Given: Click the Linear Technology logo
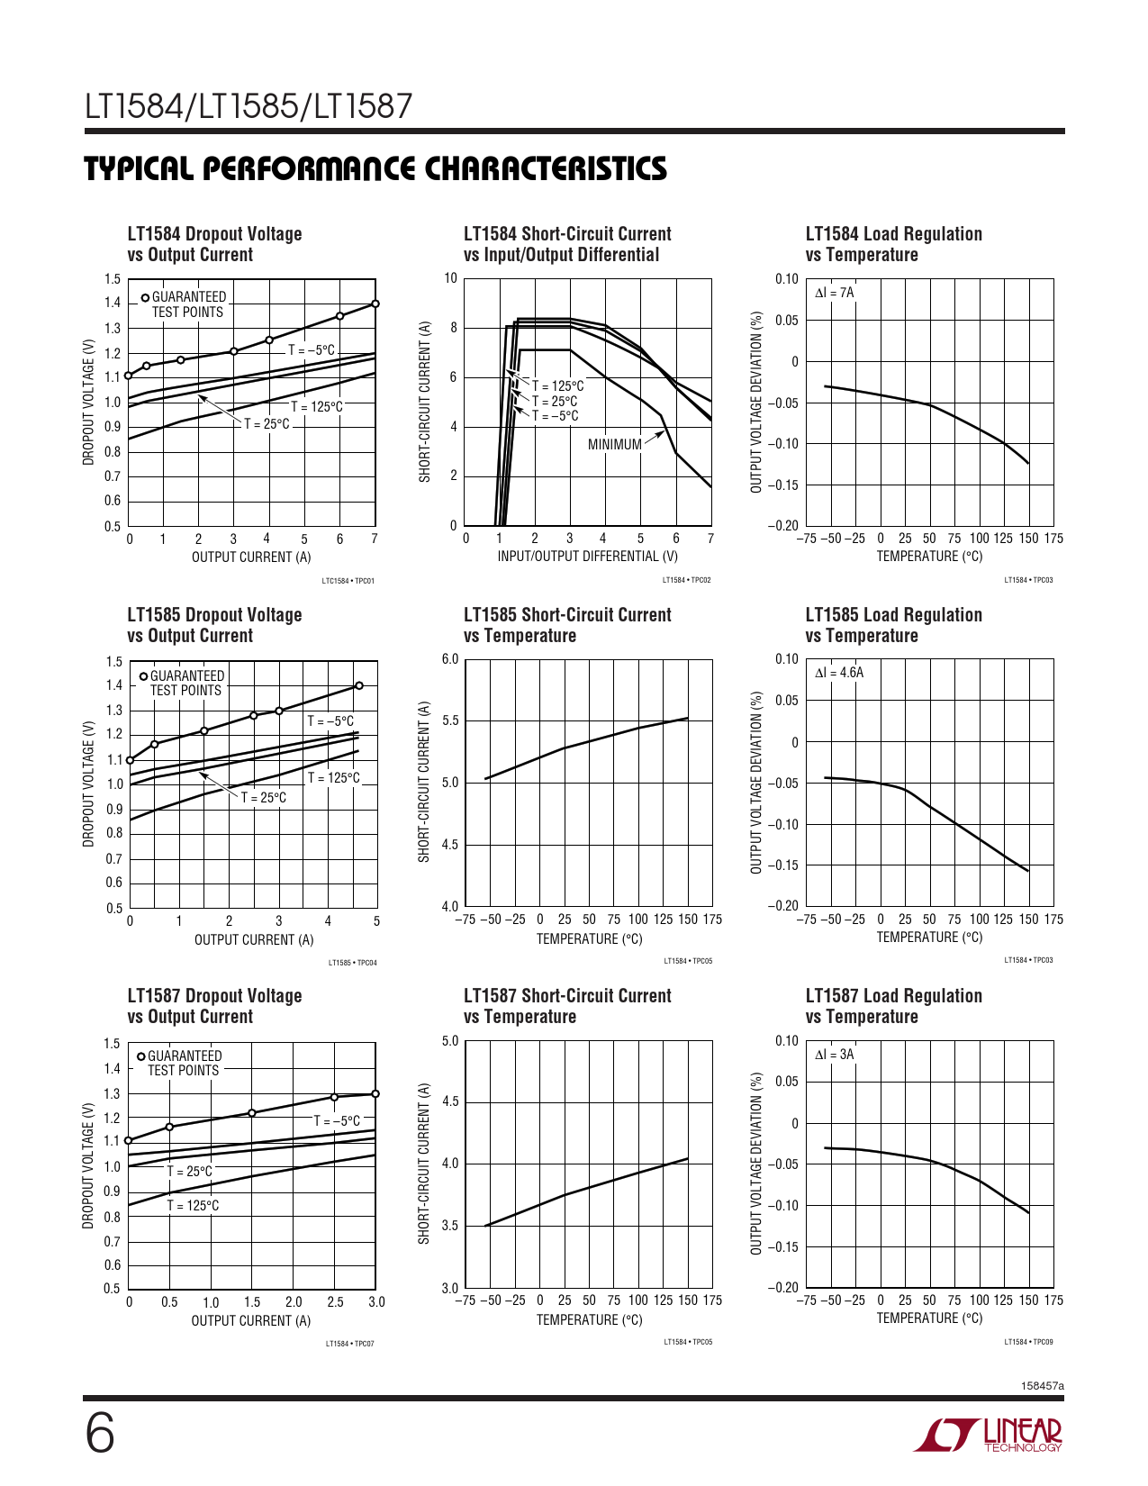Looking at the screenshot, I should click(989, 1435).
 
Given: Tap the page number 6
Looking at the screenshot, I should click(100, 1434).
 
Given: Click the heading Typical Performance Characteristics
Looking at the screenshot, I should click(375, 168).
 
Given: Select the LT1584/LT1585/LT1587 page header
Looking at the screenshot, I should click(249, 106).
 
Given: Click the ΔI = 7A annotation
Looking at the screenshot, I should click(834, 293).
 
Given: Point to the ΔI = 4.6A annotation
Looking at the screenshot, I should click(838, 673).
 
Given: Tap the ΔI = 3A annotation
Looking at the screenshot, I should click(834, 1055).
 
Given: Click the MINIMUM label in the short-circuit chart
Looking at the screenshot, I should click(614, 444).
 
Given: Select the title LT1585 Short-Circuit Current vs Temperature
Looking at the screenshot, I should click(567, 625).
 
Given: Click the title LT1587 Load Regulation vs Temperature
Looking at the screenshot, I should click(893, 1006).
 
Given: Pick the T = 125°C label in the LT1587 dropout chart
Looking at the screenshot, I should click(193, 1206).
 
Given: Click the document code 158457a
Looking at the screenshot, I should click(1043, 1386).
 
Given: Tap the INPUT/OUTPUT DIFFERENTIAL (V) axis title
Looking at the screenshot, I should click(587, 557).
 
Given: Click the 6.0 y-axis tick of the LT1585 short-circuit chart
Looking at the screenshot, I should click(450, 659).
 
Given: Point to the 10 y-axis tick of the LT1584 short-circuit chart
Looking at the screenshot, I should click(450, 278).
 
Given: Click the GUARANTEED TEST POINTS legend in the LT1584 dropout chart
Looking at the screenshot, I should click(187, 304).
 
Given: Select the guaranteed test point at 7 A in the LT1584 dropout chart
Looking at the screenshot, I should click(375, 304).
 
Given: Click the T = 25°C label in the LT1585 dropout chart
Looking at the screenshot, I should click(263, 798).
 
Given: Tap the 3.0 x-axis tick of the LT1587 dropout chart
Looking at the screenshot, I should click(376, 1302).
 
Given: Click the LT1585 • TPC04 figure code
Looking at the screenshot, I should click(352, 963).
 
